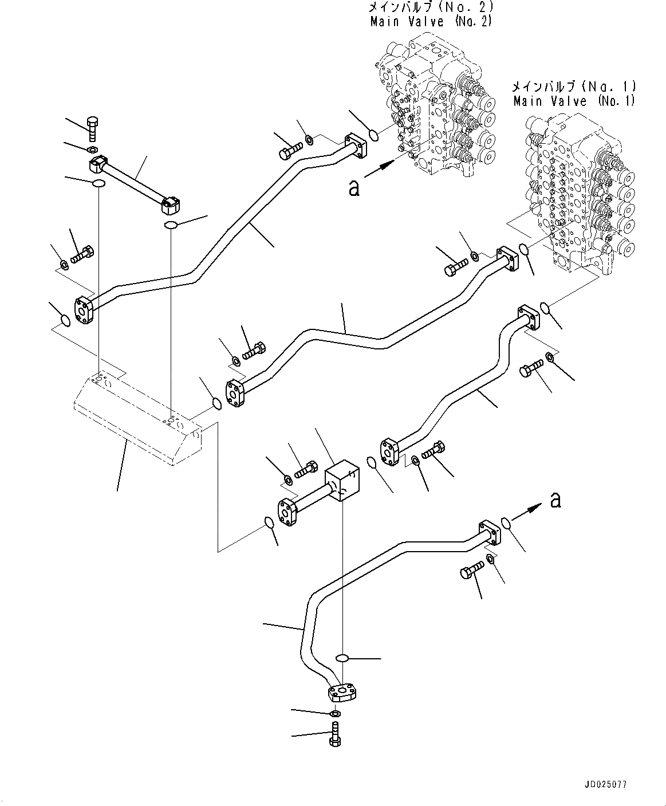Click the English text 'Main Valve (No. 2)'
(x=431, y=22)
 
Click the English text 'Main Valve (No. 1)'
(x=574, y=101)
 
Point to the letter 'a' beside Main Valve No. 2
(x=354, y=187)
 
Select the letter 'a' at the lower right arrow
(x=555, y=500)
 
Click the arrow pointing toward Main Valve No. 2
(x=380, y=168)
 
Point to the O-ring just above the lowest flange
(x=342, y=658)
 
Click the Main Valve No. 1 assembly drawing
(x=578, y=195)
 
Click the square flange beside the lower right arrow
(x=489, y=532)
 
